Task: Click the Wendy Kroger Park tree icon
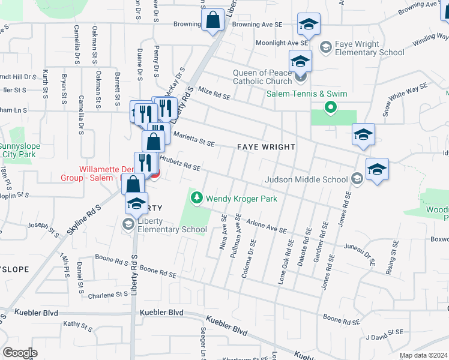(x=196, y=197)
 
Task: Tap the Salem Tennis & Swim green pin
(x=330, y=108)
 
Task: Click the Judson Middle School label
(x=307, y=179)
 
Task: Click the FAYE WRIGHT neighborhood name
(x=266, y=147)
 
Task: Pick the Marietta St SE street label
(x=193, y=139)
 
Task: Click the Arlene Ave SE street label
(x=267, y=225)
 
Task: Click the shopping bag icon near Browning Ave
(x=213, y=20)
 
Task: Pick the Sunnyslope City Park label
(x=19, y=149)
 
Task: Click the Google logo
(x=20, y=352)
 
